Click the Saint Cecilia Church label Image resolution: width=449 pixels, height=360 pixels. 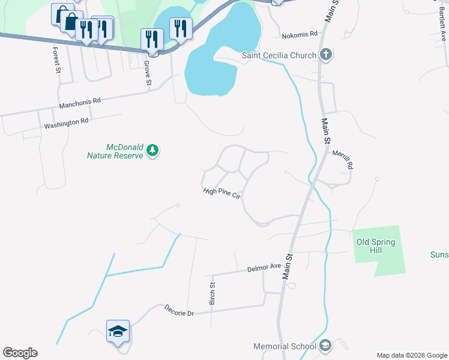coord(279,56)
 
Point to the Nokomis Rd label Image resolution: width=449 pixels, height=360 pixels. coord(299,34)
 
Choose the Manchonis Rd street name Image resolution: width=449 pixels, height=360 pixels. coord(79,104)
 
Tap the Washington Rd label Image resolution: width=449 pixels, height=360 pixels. coord(66,122)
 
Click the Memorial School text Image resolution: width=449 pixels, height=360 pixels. coord(285,346)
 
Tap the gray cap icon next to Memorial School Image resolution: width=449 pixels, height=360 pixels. coord(325,346)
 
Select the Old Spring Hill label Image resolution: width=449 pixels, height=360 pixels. coord(376,246)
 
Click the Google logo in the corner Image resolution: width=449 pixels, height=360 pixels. coord(20,353)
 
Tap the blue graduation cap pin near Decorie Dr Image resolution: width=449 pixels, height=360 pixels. coord(118,331)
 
